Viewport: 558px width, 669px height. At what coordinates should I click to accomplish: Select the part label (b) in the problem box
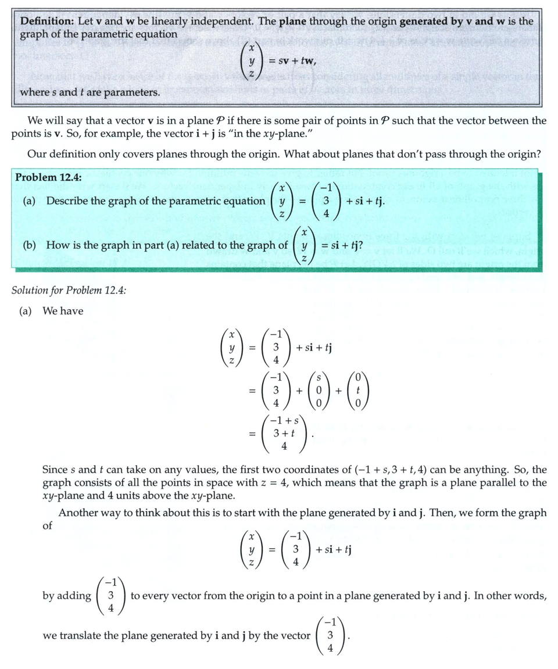pyautogui.click(x=31, y=245)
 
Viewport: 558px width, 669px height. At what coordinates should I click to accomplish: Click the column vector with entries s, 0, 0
pyautogui.click(x=319, y=389)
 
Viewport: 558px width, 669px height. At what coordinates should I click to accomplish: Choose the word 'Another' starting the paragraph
pyautogui.click(x=78, y=513)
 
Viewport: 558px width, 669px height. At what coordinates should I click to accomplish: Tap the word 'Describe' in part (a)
pyautogui.click(x=67, y=201)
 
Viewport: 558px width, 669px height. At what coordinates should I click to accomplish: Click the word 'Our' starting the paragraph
pyautogui.click(x=36, y=155)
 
